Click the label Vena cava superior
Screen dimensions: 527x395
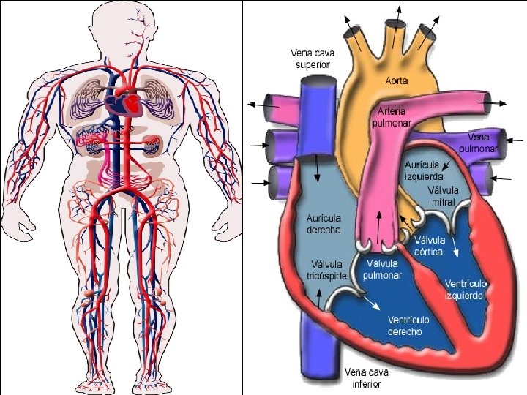[310, 59]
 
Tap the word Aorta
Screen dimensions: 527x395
[397, 80]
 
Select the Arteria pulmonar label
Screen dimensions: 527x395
[397, 118]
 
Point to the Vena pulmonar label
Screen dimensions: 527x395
[479, 143]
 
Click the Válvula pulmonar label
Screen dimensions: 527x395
[384, 269]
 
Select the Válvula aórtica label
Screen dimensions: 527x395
[429, 246]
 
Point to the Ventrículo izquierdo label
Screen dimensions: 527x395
[465, 290]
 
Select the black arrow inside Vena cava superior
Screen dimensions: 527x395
[318, 168]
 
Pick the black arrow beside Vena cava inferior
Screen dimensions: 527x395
[321, 296]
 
